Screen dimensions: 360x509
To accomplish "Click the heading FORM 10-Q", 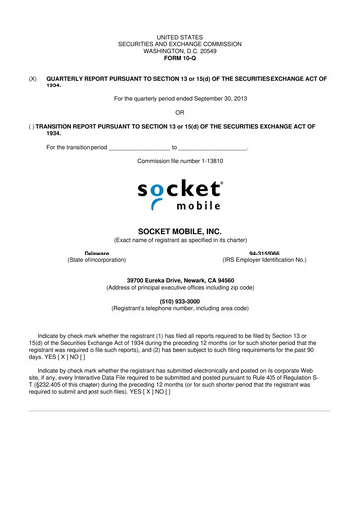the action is pos(180,53).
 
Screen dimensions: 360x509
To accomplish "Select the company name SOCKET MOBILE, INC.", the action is pos(180,230).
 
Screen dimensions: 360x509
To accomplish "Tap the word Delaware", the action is pos(96,254).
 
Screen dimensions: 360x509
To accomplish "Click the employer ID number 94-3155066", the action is pos(264,254).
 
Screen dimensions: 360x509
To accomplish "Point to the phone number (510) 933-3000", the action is pos(180,302).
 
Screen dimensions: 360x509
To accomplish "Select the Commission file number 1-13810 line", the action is pos(180,160).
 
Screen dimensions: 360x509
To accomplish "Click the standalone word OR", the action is pos(180,112).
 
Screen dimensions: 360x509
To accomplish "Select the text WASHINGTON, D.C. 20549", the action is pos(180,45).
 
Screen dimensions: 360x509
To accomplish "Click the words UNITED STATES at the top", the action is pos(180,30).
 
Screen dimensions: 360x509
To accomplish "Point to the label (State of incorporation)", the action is pos(96,260).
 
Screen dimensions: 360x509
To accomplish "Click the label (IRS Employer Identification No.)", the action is pos(264,260).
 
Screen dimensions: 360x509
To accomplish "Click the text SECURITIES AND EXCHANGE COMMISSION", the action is pos(180,38).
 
